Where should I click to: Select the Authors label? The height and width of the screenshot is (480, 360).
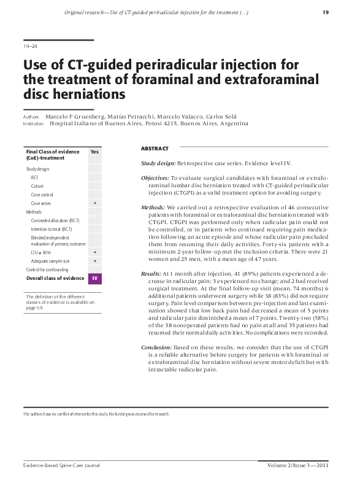31,117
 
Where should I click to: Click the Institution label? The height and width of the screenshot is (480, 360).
34,123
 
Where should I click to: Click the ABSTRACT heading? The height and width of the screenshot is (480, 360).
155,149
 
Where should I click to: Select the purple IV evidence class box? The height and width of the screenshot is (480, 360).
94,279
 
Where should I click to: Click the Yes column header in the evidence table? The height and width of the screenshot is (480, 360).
94,152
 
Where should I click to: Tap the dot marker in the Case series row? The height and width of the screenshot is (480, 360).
94,203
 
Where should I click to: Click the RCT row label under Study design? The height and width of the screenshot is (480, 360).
34,177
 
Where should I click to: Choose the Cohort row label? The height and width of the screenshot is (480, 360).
37,186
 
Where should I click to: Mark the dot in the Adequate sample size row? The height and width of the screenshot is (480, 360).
94,261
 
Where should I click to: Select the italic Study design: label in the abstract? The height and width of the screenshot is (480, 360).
158,164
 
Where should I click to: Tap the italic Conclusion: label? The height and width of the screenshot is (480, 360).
156,348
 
